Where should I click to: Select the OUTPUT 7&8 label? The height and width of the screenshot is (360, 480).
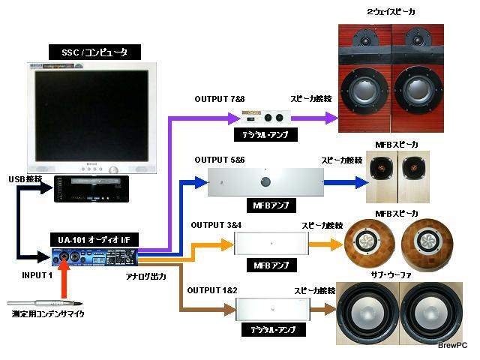point(219,99)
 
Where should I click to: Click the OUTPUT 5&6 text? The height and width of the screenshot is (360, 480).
point(219,160)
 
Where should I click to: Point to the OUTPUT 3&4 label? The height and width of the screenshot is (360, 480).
point(215,224)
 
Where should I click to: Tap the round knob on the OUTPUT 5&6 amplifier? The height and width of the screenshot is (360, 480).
point(264,182)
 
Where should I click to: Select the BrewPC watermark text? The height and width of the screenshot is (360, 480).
point(452,344)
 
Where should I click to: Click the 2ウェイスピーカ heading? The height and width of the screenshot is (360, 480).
point(391,12)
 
